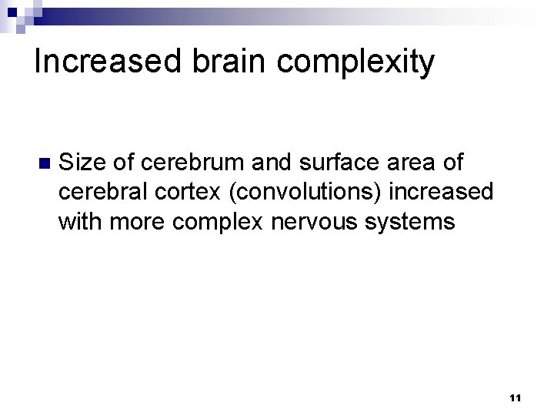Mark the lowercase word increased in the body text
[445, 193]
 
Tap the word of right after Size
[124, 163]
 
